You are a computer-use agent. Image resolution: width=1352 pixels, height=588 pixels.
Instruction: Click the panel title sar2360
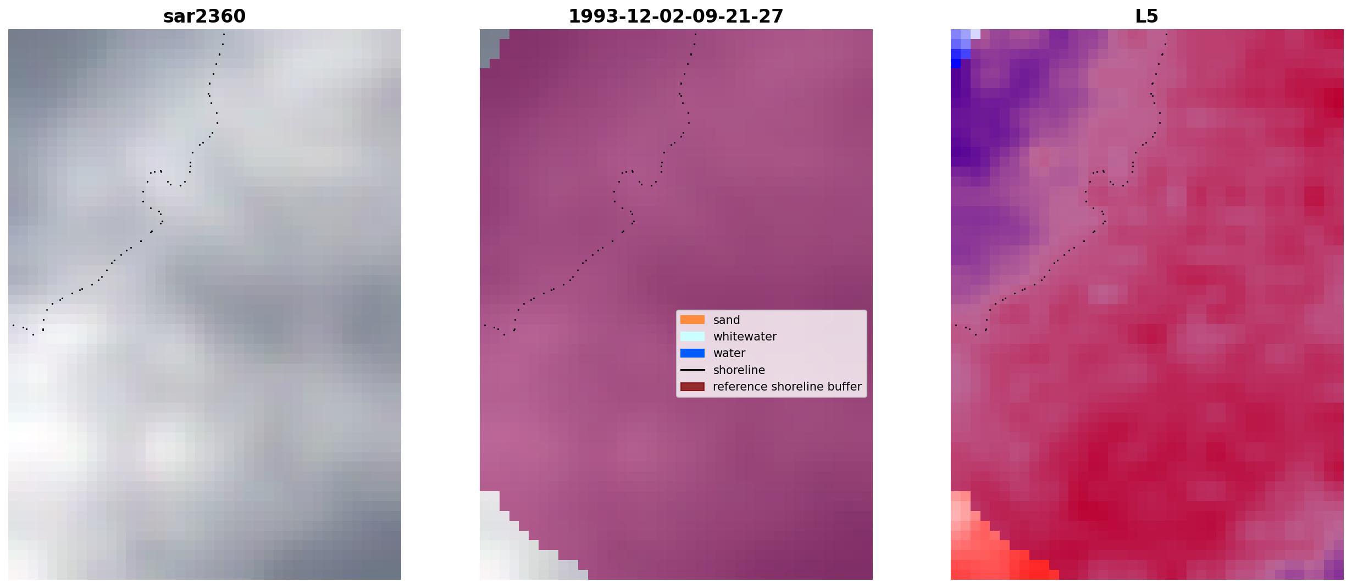click(x=204, y=17)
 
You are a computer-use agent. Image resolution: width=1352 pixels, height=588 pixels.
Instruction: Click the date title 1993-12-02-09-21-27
click(x=675, y=17)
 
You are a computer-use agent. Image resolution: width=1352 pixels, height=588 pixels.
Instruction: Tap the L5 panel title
click(x=1146, y=17)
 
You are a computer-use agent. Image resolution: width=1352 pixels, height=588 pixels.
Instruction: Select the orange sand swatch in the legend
click(x=692, y=320)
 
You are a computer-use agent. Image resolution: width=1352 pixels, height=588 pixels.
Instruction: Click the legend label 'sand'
click(x=726, y=320)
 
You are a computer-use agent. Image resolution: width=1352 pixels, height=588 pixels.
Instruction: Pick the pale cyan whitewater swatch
click(x=692, y=336)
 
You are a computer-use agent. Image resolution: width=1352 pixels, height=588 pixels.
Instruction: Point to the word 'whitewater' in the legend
click(x=745, y=337)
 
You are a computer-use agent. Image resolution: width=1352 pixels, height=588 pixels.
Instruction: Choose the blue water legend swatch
click(x=692, y=353)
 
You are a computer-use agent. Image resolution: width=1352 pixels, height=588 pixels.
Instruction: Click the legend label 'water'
click(x=729, y=353)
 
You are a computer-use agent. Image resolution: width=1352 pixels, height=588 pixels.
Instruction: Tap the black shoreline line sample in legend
click(x=692, y=370)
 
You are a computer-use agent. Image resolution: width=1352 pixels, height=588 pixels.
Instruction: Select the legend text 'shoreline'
click(x=739, y=370)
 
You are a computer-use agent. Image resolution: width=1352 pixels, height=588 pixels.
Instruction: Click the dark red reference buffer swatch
click(x=692, y=387)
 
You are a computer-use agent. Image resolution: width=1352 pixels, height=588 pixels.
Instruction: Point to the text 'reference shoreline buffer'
click(x=787, y=387)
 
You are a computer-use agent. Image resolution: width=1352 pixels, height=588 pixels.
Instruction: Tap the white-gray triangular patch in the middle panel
click(x=511, y=542)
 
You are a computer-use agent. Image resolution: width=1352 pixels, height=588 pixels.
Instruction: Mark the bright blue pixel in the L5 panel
click(x=956, y=63)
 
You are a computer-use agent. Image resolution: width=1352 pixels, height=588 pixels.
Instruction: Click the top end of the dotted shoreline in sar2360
click(x=224, y=34)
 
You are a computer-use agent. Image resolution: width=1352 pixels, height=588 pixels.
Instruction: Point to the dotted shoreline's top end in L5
click(x=1166, y=34)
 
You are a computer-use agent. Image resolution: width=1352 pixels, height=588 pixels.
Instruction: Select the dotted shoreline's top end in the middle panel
click(x=695, y=34)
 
